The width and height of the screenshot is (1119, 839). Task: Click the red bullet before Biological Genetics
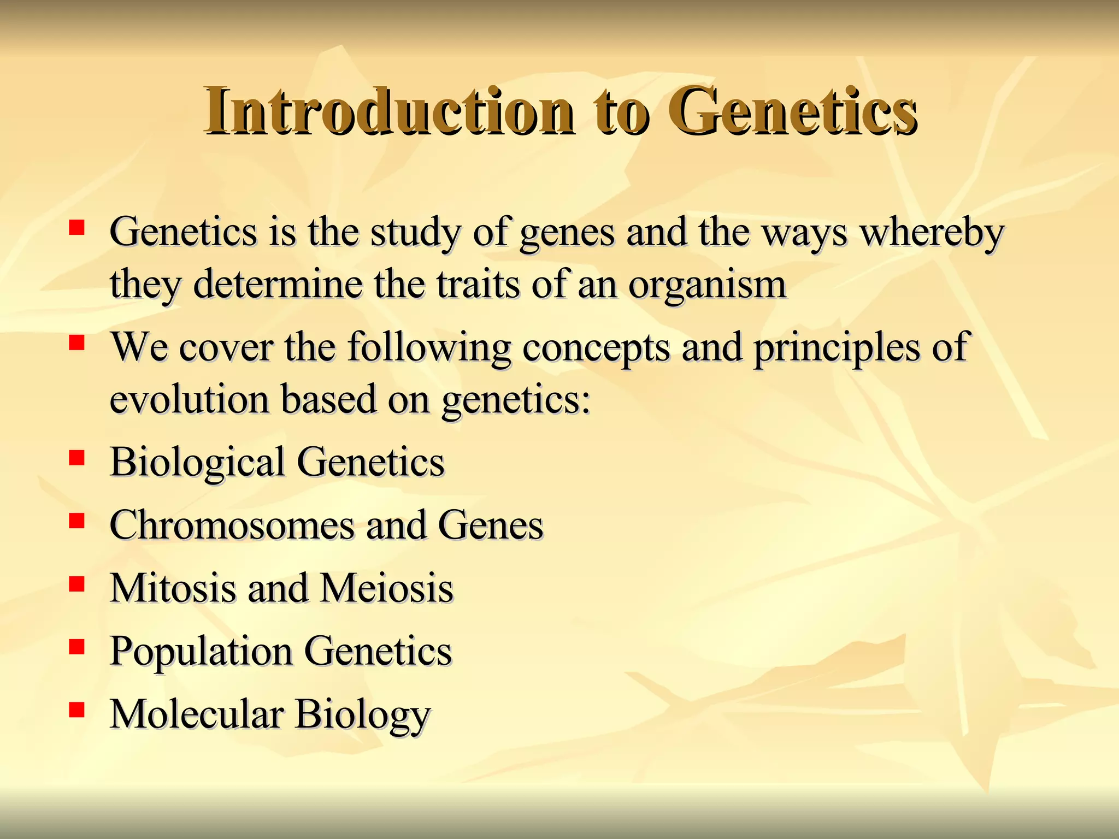77,457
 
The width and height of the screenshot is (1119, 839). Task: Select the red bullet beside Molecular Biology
77,709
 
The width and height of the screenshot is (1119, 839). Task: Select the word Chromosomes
232,525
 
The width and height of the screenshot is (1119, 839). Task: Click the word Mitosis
172,588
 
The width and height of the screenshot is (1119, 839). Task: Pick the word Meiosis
386,588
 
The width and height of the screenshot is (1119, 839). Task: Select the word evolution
190,399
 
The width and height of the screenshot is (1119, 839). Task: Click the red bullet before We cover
77,342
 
